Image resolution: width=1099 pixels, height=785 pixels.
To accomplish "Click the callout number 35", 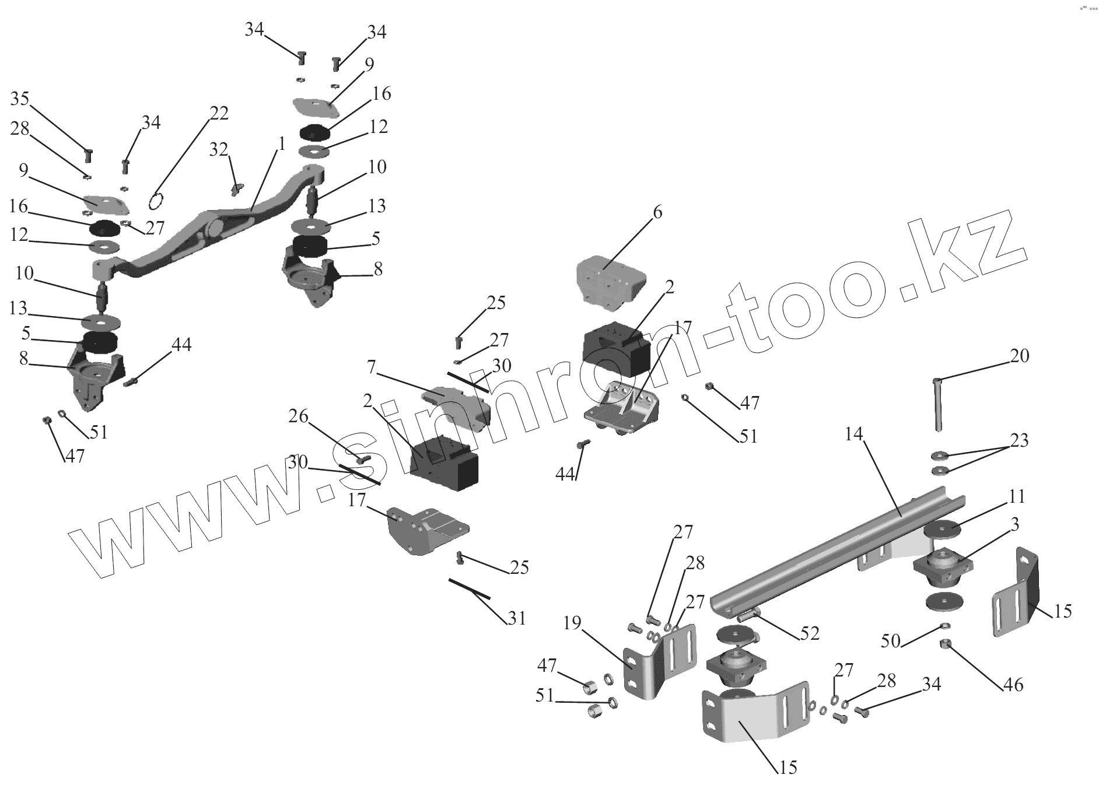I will coord(20,99).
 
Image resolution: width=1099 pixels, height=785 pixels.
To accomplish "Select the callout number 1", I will coord(281,144).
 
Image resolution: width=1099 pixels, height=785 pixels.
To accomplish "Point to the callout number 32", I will coord(218,150).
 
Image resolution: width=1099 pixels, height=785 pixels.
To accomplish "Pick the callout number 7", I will coord(370,367).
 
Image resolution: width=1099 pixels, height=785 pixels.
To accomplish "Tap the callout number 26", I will coord(298,416).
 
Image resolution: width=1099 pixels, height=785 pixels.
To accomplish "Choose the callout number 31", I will coord(517,618).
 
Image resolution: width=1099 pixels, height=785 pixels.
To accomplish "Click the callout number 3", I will coord(1014,525).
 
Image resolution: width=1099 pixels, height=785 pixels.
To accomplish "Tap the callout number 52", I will coord(810,633).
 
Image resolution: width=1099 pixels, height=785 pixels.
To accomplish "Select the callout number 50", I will coord(891,641).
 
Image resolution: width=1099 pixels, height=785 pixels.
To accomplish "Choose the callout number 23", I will coord(1019,440).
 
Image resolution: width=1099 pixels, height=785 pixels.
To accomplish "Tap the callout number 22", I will coord(219,113).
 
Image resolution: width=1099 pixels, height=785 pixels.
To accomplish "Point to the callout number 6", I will coord(657,212).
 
